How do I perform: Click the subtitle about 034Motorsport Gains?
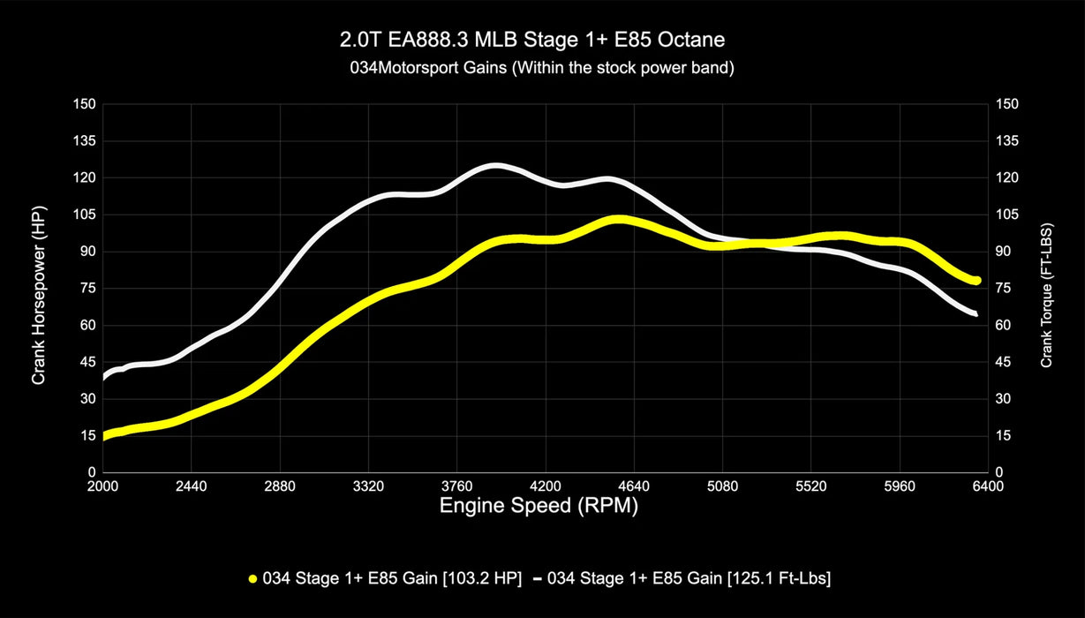[x=541, y=68]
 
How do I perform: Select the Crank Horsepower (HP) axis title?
[x=39, y=288]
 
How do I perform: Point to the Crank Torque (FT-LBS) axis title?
[x=1046, y=288]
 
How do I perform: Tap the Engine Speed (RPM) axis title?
[x=539, y=507]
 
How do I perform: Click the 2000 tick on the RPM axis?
[x=103, y=486]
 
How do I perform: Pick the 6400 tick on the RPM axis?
[x=988, y=486]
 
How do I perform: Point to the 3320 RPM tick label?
[x=368, y=486]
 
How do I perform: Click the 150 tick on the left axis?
[x=85, y=104]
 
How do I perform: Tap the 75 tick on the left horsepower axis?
[x=88, y=289]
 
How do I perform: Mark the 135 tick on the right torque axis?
[x=1006, y=141]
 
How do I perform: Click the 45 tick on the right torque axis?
[x=1004, y=362]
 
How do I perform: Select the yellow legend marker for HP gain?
[x=253, y=579]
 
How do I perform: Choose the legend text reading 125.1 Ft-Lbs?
[x=689, y=579]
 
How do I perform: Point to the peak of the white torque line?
[x=495, y=165]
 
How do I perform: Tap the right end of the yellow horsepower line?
[x=976, y=280]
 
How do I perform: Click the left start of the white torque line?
[x=104, y=377]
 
